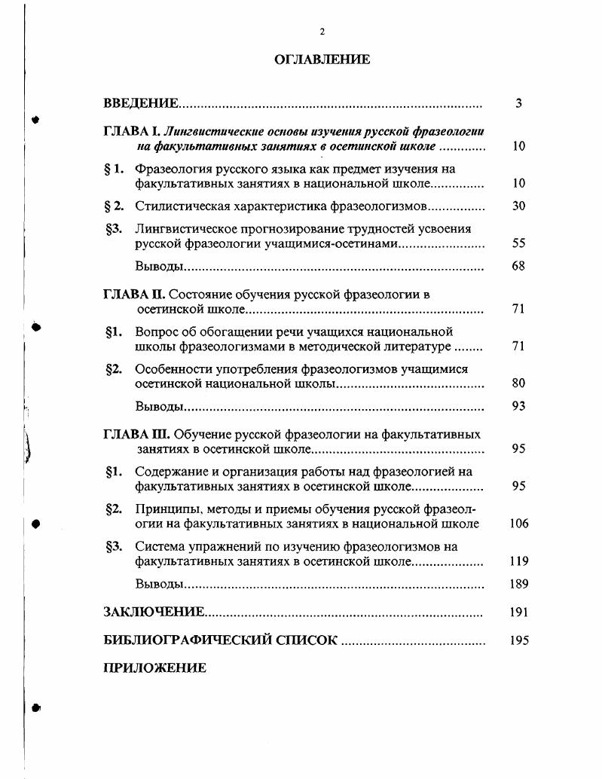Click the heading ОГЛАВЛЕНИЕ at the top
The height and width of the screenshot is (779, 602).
coord(322,60)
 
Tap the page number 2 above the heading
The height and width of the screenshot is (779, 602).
coord(322,32)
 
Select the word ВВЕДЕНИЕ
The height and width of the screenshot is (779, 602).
coord(141,103)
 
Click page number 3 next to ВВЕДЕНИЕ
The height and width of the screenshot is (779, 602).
coord(518,103)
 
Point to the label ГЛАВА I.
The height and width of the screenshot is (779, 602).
coord(132,131)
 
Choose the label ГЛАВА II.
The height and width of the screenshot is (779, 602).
coord(134,295)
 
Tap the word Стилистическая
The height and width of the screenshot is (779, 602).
coord(176,206)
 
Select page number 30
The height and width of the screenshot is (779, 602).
coord(518,206)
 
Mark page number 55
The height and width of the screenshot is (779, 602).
coord(518,243)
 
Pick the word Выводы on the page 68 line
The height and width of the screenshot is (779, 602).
coord(159,267)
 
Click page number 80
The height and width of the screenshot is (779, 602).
coord(518,383)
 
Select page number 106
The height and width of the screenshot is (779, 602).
coord(518,524)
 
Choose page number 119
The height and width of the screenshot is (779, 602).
coord(518,561)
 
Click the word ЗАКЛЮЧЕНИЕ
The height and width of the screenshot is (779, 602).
coord(154,613)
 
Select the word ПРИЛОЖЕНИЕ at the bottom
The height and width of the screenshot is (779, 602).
coord(154,668)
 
